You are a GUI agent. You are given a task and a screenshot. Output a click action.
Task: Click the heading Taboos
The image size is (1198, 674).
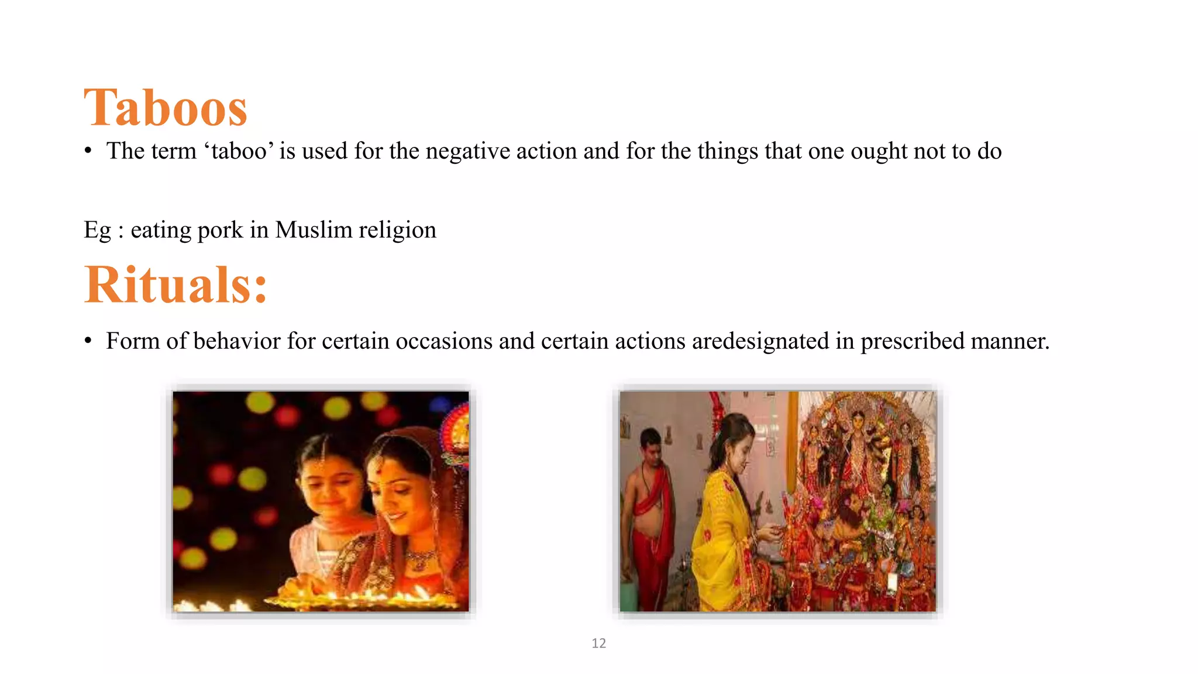pos(166,108)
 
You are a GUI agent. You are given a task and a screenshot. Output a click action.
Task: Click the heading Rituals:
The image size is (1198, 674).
pos(175,285)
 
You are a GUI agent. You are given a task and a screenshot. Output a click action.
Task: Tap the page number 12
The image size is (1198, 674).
pos(598,643)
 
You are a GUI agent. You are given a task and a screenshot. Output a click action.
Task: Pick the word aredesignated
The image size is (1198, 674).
pos(760,341)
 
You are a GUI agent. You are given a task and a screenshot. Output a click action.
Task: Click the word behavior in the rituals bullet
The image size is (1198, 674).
pos(236,341)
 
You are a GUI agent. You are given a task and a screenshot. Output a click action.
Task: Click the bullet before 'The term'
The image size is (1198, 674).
pos(88,152)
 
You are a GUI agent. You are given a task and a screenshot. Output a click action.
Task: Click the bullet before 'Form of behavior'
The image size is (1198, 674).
pos(88,342)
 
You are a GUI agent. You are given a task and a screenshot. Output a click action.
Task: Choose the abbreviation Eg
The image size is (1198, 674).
pos(97,230)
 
